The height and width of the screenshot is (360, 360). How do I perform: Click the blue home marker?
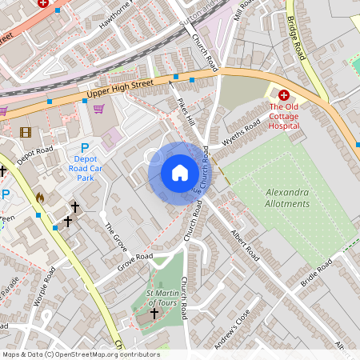point(180,173)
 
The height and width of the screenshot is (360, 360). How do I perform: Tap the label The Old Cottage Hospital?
point(284,115)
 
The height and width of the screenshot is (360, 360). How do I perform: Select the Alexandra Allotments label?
point(287,198)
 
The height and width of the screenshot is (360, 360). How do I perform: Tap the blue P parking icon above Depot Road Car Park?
point(85,147)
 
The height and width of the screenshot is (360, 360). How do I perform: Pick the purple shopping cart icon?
point(98,110)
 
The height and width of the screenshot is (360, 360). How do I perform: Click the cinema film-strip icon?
point(26,132)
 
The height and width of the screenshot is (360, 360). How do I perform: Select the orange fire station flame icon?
point(40,196)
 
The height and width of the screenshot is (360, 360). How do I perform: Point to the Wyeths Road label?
point(242,130)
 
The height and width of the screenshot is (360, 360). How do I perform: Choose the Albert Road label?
point(245,245)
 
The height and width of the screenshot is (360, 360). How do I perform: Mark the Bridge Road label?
point(297,40)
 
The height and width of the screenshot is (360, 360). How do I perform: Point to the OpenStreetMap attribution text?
point(80,354)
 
